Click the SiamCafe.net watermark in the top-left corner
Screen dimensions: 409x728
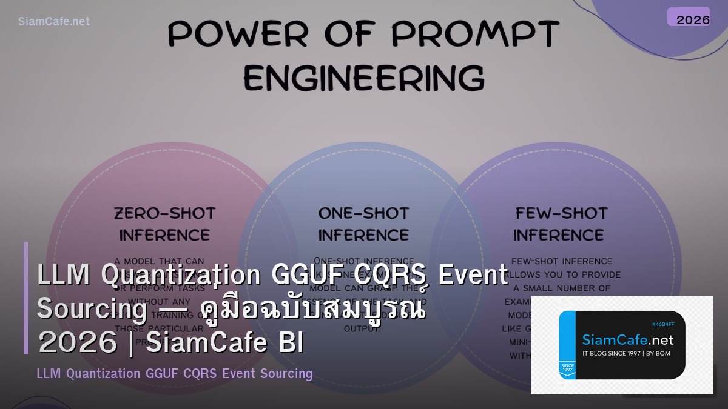tap(54, 21)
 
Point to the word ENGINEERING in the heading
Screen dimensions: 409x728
tap(364, 78)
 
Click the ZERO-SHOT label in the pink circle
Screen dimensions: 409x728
tap(164, 213)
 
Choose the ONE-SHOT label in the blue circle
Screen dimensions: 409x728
tap(363, 213)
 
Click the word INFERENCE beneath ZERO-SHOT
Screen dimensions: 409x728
tap(164, 235)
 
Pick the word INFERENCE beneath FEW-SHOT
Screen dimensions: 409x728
tap(559, 235)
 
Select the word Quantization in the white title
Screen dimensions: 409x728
tap(181, 276)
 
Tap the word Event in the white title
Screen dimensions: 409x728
tap(473, 276)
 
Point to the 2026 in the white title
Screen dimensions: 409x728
tap(77, 343)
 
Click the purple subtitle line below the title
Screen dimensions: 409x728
tap(175, 373)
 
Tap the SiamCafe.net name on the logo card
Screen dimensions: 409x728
tap(627, 339)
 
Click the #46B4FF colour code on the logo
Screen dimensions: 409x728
tap(663, 324)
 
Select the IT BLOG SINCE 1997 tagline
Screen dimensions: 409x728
tap(626, 353)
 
